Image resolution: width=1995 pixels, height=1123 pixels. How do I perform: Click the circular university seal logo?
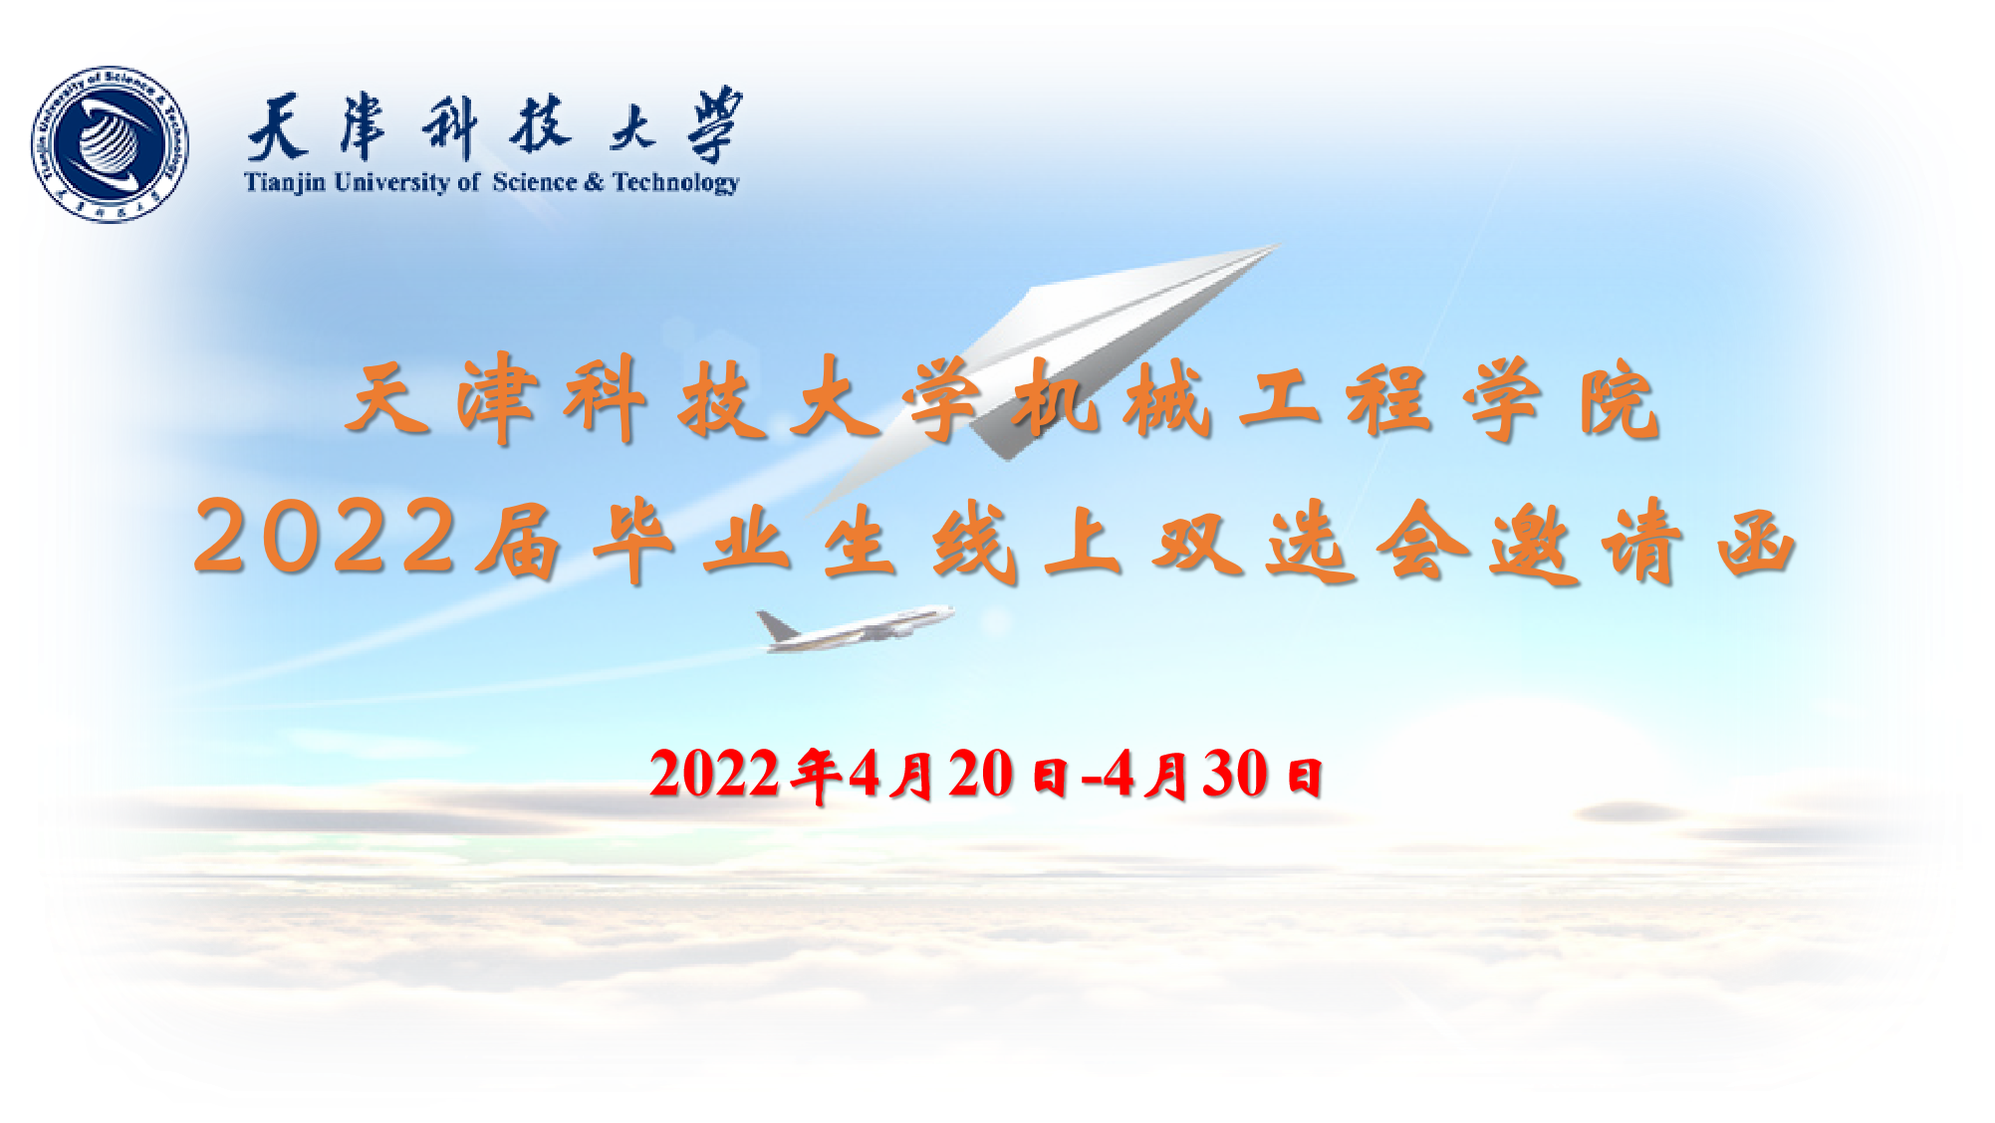click(x=110, y=145)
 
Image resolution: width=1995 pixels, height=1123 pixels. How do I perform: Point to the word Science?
click(x=535, y=182)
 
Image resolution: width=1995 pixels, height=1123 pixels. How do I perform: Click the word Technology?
click(x=676, y=183)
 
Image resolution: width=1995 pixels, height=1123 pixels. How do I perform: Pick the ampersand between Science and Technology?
click(x=595, y=182)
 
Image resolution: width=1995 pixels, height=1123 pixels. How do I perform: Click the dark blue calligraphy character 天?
click(x=276, y=127)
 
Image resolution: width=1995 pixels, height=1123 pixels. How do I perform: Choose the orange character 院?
click(x=1620, y=400)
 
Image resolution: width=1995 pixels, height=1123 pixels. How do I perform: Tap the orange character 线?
click(x=974, y=544)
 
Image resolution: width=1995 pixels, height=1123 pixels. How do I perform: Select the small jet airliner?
click(x=855, y=628)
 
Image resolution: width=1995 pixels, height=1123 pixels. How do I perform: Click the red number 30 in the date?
click(x=1235, y=774)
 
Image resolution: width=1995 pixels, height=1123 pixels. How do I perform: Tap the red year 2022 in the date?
click(x=714, y=774)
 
